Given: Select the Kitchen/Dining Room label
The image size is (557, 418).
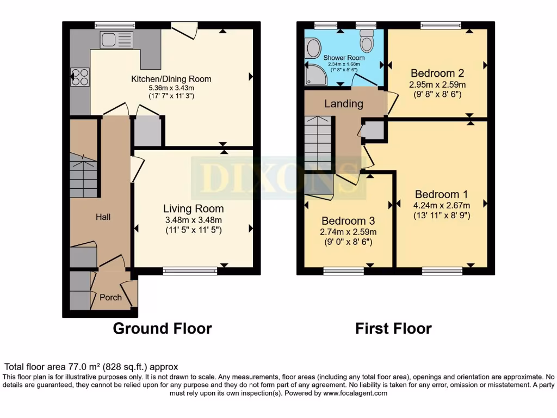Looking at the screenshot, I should tap(171, 79).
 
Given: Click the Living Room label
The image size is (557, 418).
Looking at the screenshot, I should tap(193, 208).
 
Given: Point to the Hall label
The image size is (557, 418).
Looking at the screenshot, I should tap(103, 217).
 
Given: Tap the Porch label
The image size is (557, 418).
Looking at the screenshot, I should tap(110, 297).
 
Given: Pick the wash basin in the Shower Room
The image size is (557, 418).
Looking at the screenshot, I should tap(313, 49).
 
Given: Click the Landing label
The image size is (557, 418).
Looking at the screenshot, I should tap(344, 103).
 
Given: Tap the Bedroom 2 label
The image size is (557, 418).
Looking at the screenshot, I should tap(437, 73).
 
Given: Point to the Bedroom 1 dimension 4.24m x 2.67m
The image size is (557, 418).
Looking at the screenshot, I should tap(442, 205).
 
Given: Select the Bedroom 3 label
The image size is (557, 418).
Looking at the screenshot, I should tap(348, 221).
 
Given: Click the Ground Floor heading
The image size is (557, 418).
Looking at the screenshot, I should tap(162, 328).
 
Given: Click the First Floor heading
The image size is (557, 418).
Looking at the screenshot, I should tap(393, 328).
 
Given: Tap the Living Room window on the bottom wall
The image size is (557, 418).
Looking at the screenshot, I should tap(190, 271).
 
